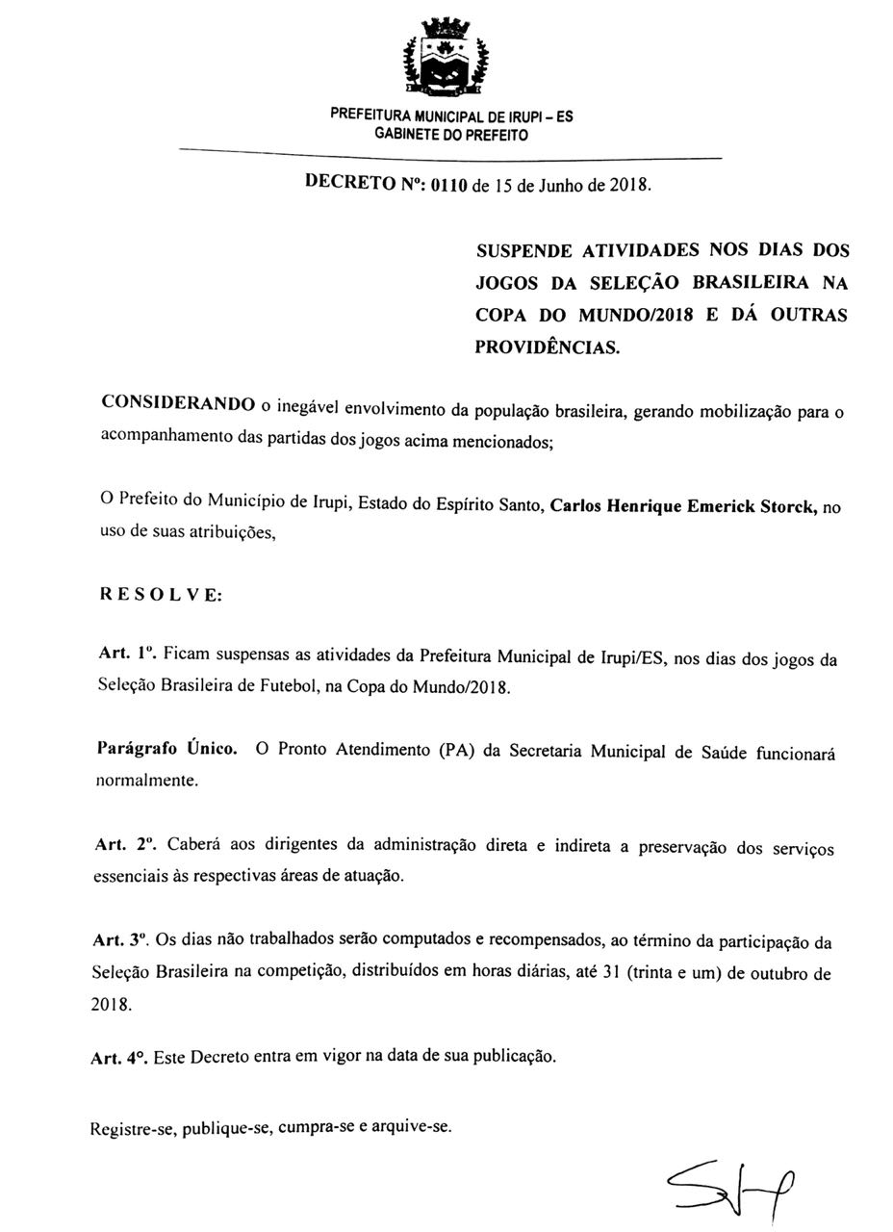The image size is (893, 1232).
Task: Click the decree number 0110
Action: tap(448, 185)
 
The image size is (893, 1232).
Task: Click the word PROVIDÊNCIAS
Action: tap(548, 347)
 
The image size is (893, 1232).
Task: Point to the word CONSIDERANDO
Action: tap(178, 402)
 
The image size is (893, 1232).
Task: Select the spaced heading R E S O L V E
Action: tap(161, 595)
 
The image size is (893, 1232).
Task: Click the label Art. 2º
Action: tap(126, 844)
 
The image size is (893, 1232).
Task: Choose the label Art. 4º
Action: tap(119, 1057)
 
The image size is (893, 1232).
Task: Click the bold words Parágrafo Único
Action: tap(167, 748)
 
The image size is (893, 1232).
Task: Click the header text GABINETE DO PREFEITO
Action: tap(450, 135)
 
